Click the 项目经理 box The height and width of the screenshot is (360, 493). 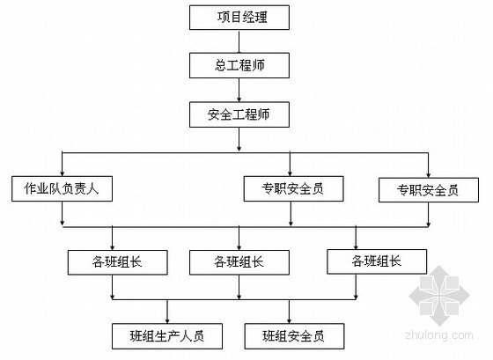click(239, 18)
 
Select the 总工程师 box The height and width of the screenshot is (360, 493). click(239, 65)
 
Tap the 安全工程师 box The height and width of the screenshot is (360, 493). click(239, 114)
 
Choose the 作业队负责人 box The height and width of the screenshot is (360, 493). click(62, 188)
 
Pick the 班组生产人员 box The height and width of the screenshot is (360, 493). click(167, 336)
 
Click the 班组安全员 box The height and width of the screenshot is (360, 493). click(294, 336)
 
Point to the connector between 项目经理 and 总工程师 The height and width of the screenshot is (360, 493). click(239, 41)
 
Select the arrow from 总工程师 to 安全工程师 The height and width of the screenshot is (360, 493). click(239, 90)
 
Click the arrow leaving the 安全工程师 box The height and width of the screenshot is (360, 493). click(239, 139)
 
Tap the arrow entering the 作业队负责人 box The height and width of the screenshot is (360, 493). click(62, 164)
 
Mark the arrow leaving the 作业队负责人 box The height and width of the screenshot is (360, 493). click(62, 213)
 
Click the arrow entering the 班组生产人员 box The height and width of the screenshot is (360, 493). click(167, 312)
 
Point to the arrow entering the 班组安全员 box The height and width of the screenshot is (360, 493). click(290, 312)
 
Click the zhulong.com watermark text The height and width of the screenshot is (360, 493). click(439, 336)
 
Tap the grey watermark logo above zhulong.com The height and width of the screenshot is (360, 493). click(439, 296)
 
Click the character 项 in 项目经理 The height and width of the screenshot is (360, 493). click(224, 18)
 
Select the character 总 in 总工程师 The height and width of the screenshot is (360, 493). click(221, 65)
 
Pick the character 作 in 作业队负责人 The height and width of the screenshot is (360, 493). click(30, 188)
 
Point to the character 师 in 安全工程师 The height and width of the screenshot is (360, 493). click(263, 114)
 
